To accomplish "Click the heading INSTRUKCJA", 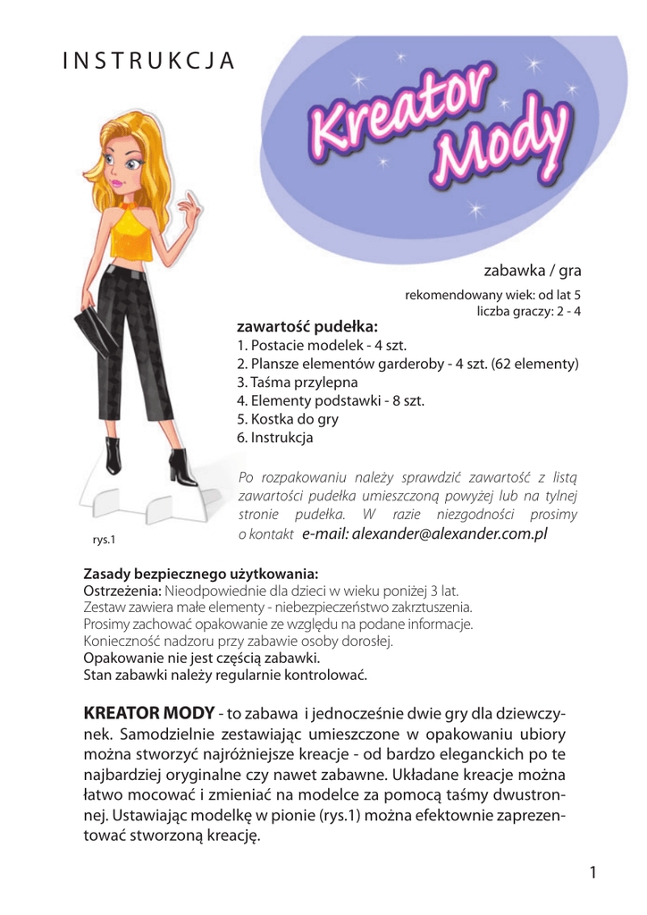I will pos(148,60).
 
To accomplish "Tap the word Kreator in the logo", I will pos(398,113).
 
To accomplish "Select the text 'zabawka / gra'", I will pos(533,270).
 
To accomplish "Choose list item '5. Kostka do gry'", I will pos(288,419).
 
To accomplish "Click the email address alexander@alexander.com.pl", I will pos(424,533).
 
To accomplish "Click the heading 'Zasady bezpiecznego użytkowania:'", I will pos(201,573).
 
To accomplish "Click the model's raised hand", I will pos(189,212).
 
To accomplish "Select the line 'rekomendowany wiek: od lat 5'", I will pos(493,294).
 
